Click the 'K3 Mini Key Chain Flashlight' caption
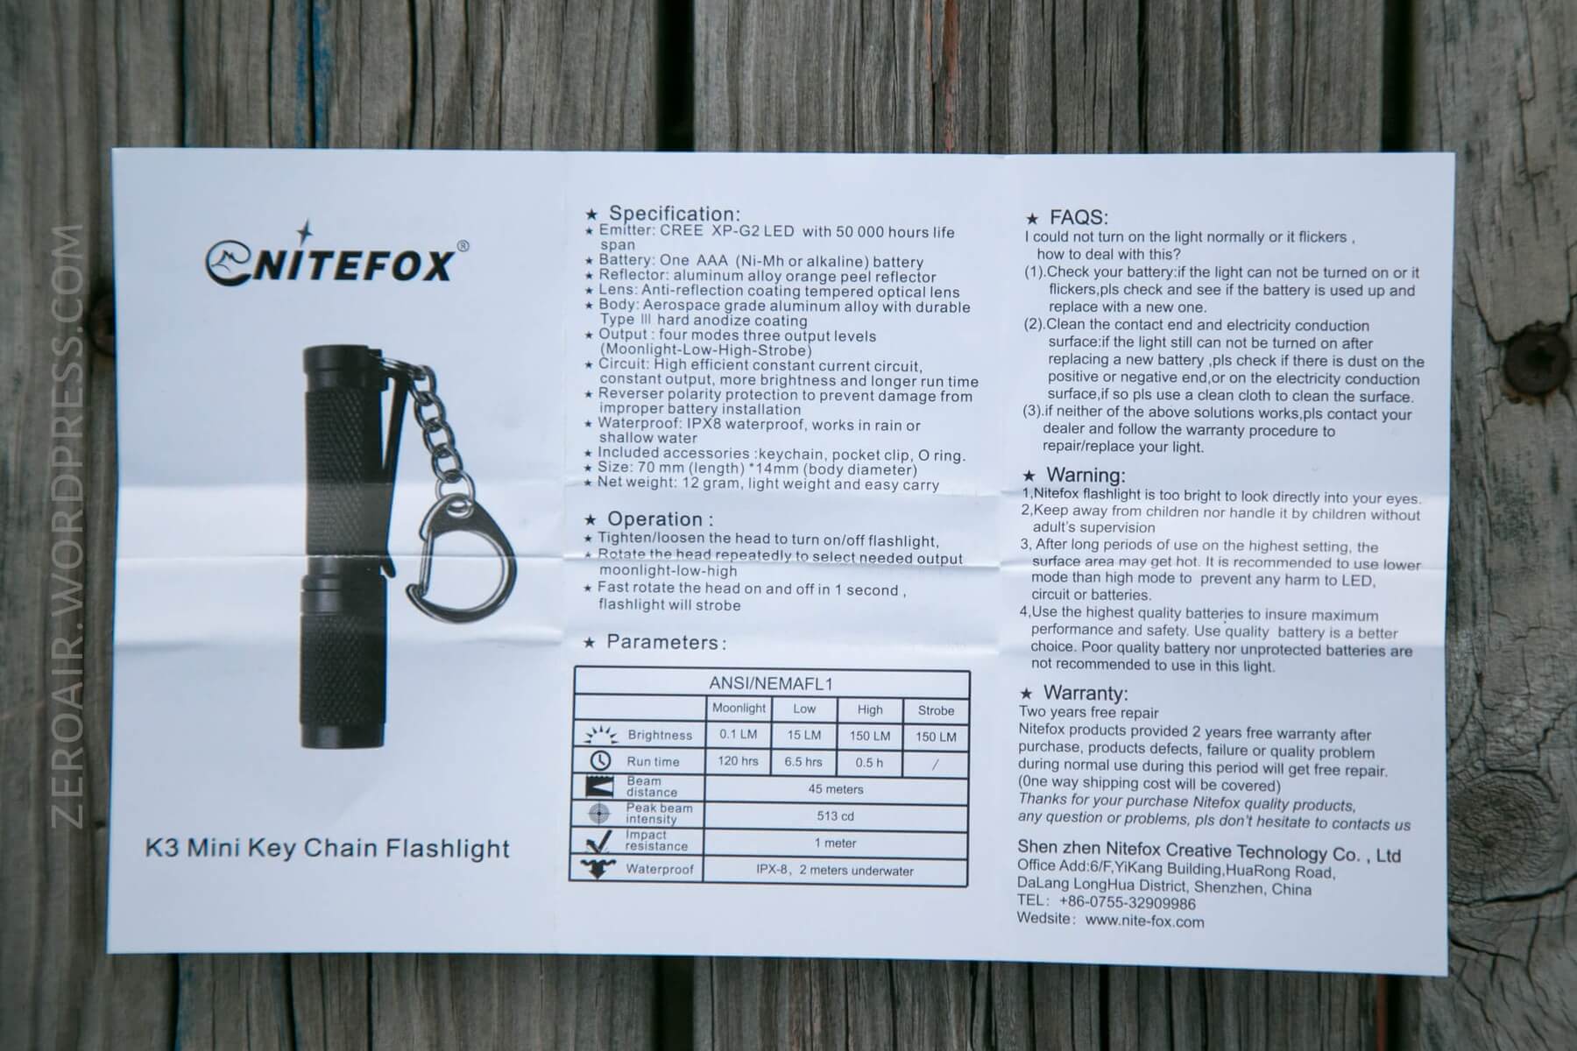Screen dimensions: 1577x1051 point(328,849)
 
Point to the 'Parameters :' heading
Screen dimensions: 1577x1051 point(666,643)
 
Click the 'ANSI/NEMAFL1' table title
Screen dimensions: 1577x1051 point(771,683)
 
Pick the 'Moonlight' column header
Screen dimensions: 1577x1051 point(739,709)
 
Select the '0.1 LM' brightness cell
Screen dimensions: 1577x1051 point(738,735)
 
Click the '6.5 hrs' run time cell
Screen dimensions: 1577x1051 point(803,762)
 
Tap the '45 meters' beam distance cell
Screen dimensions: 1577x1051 point(835,789)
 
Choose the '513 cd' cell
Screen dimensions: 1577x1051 point(835,816)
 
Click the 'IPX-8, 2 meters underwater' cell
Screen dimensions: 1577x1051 point(834,871)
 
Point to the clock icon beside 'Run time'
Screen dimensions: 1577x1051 point(600,760)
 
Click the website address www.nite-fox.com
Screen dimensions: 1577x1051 point(1144,921)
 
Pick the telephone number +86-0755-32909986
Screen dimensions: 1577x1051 point(1127,903)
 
